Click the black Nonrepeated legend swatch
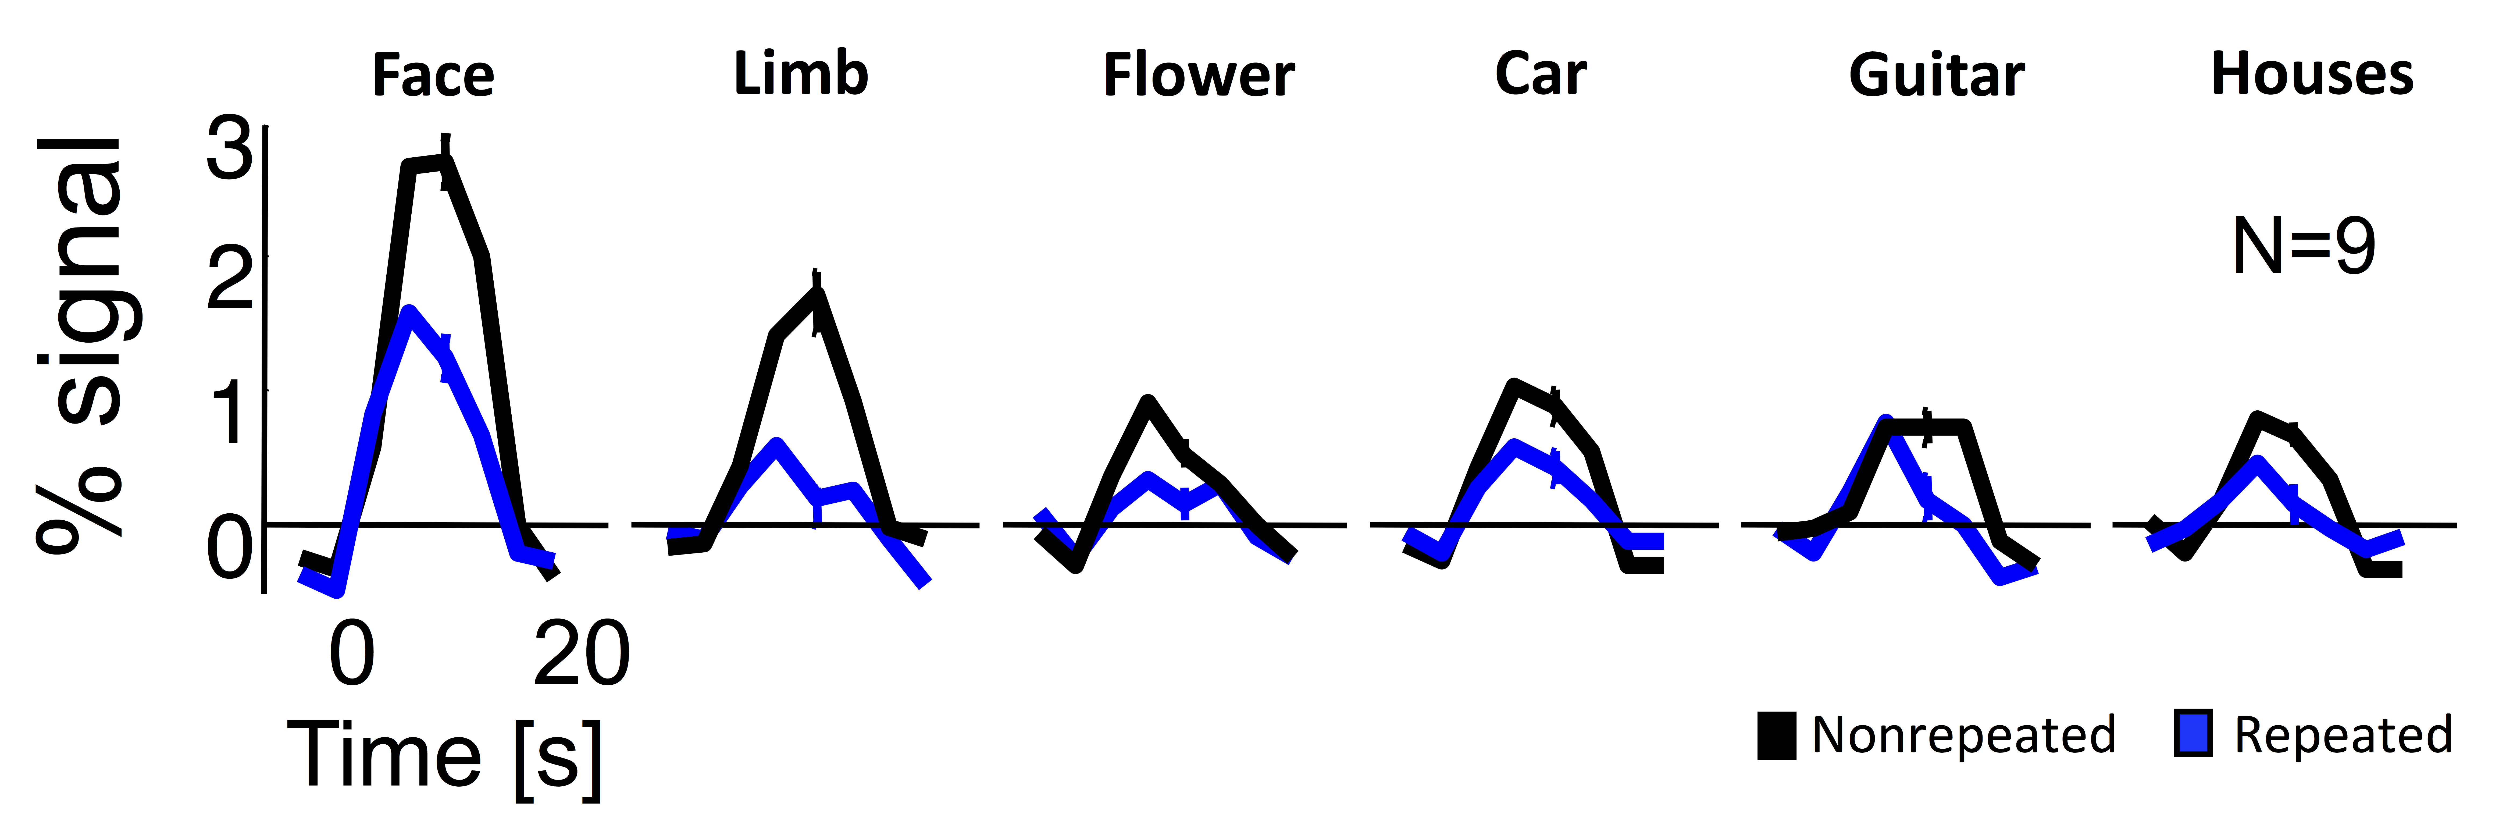click(x=1776, y=735)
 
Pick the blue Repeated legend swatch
click(x=2193, y=734)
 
